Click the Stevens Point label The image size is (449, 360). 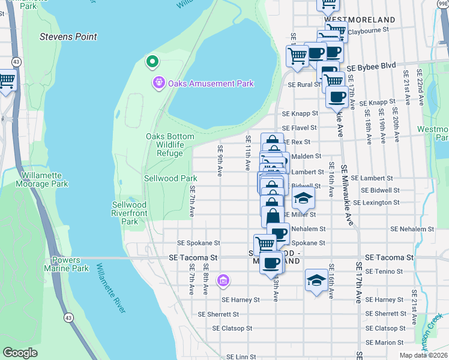(68, 37)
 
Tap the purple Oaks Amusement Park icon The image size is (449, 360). (159, 83)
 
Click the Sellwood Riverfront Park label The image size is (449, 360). (130, 213)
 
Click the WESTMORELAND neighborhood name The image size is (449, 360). (360, 19)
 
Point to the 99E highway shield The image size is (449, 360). (439, 4)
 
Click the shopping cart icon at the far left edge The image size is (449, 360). (6, 80)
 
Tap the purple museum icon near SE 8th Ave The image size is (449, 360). (223, 280)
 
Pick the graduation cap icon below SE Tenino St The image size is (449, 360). (316, 280)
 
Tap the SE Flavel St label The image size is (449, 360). (299, 128)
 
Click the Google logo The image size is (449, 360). (20, 353)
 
